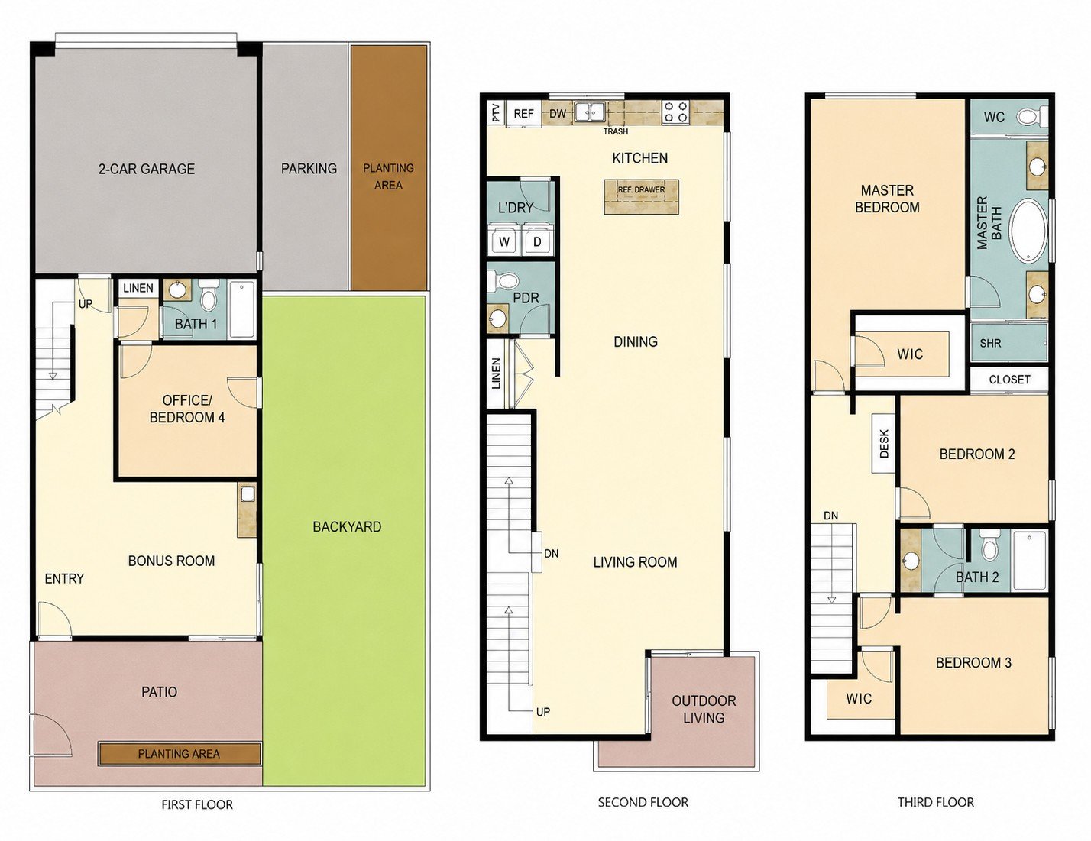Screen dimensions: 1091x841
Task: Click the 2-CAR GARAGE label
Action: (x=147, y=169)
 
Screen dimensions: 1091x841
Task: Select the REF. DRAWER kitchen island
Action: (x=641, y=197)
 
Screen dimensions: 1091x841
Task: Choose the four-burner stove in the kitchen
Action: (x=675, y=112)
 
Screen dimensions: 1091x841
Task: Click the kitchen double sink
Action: (x=590, y=112)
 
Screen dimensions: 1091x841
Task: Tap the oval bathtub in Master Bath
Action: (x=1029, y=231)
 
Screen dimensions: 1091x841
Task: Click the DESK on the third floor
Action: (x=884, y=443)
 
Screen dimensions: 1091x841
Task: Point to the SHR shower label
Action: (x=990, y=344)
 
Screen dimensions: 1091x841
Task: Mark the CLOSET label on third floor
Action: (x=1009, y=380)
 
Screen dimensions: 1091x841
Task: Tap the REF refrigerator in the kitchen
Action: (x=523, y=114)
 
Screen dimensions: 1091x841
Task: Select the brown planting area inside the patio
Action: (x=180, y=754)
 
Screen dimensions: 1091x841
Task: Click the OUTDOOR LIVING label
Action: (x=704, y=709)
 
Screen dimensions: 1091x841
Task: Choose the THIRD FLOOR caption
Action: (x=935, y=802)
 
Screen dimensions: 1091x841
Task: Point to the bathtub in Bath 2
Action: (x=1030, y=559)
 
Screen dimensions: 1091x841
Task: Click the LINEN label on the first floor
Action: (x=138, y=288)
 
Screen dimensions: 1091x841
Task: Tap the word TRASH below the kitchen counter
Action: (x=616, y=131)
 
